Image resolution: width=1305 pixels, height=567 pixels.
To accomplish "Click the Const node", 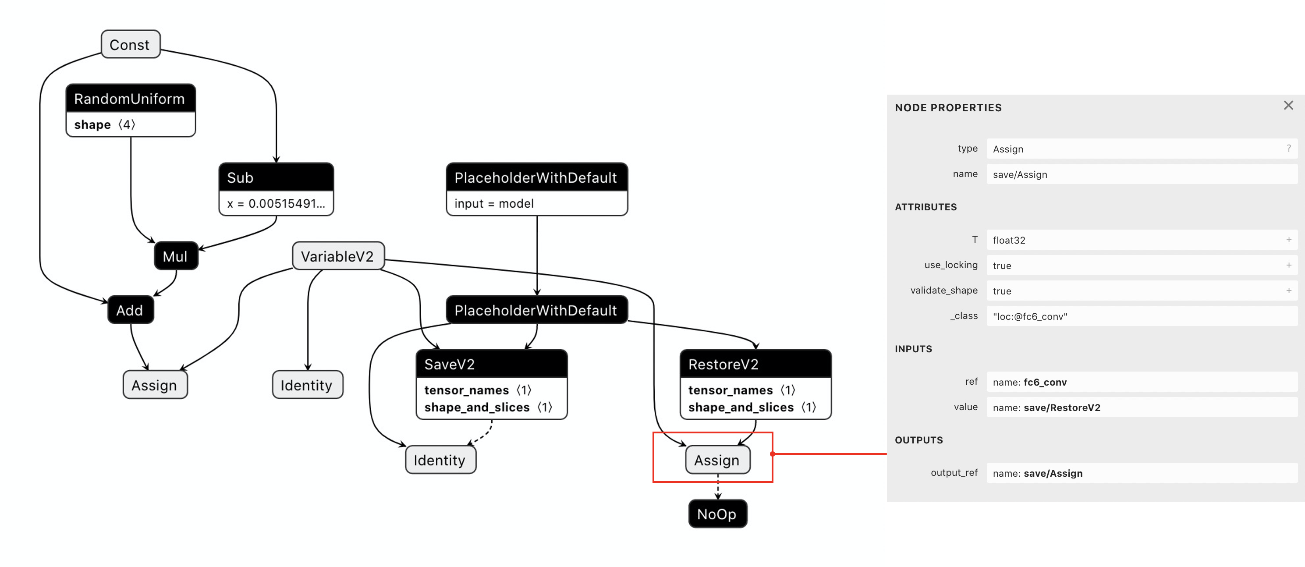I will pyautogui.click(x=130, y=45).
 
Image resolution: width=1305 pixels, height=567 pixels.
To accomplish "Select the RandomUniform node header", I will pyautogui.click(x=130, y=98).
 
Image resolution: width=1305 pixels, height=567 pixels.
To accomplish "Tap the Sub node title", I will pyautogui.click(x=240, y=177).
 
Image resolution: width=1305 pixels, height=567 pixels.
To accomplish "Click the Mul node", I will pyautogui.click(x=175, y=256).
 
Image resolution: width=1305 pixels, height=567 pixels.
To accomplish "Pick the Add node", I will pyautogui.click(x=130, y=310).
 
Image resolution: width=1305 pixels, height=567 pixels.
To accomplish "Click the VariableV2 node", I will pyautogui.click(x=337, y=256).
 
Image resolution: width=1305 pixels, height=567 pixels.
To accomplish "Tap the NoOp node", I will pyautogui.click(x=717, y=514).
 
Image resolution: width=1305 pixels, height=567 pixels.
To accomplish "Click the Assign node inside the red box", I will pyautogui.click(x=717, y=460).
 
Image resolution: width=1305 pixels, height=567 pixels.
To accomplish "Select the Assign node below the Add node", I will pyautogui.click(x=155, y=385).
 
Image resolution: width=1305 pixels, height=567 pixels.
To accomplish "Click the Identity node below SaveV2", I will pyautogui.click(x=440, y=460).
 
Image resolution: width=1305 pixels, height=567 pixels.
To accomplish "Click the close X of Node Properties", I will pyautogui.click(x=1288, y=106).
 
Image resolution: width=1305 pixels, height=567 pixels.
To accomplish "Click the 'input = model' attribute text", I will pyautogui.click(x=494, y=203).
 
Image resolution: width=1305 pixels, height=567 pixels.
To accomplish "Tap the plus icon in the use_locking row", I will pyautogui.click(x=1289, y=265).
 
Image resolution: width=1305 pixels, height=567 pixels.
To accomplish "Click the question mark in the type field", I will pyautogui.click(x=1289, y=149).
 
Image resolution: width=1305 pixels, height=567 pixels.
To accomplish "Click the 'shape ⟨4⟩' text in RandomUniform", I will pyautogui.click(x=105, y=124).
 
